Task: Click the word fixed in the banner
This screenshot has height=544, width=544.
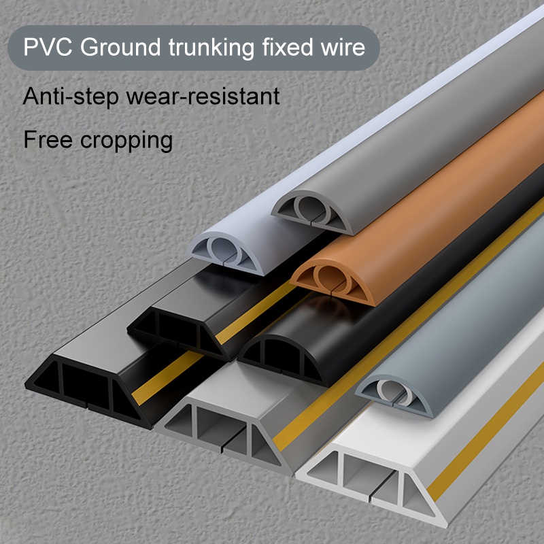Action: pyautogui.click(x=289, y=48)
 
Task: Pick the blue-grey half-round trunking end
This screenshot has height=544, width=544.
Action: pyautogui.click(x=392, y=395)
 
